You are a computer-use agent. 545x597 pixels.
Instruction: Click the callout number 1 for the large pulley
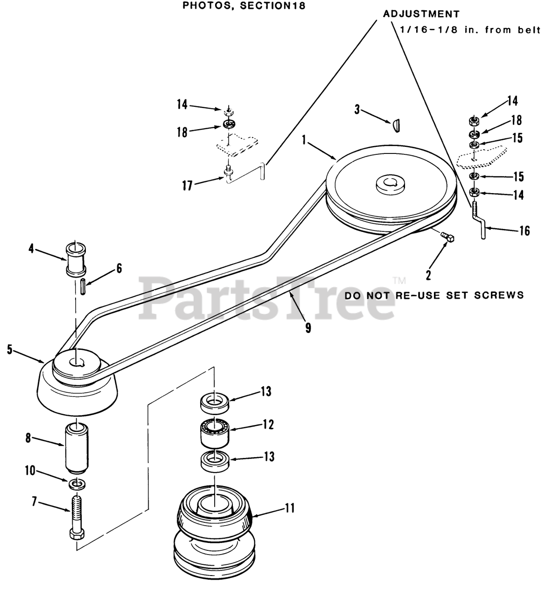[304, 140]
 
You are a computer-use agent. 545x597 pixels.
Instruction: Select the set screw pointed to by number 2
[449, 237]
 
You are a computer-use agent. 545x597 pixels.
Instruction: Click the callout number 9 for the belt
[307, 327]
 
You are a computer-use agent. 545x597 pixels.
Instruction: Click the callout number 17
[188, 185]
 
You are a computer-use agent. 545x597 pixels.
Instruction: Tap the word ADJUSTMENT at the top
[421, 14]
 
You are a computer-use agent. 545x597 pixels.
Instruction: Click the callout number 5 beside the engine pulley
[10, 349]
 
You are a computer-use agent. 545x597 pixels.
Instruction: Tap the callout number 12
[268, 425]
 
